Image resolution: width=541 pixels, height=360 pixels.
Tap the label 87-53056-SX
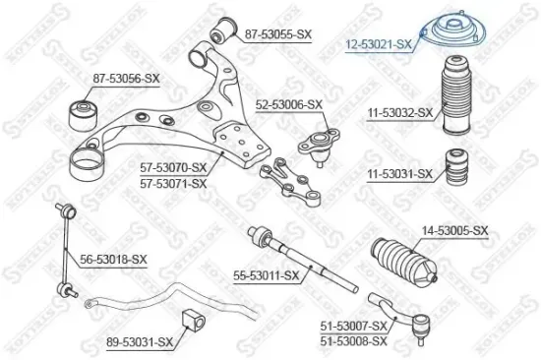125,77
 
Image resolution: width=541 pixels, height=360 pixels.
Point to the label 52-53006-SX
289,104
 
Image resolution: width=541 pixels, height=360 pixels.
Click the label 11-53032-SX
399,113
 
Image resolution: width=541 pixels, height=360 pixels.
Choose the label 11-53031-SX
399,174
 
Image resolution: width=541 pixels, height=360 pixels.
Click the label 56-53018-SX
113,259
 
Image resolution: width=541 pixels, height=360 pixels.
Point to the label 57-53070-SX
173,169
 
